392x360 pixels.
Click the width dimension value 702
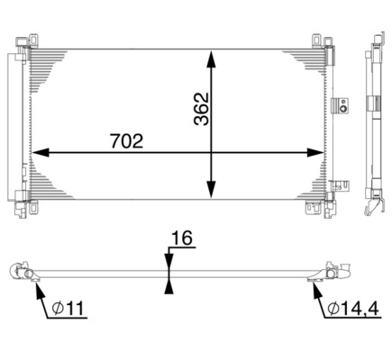pos(126,140)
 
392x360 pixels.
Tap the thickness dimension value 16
pos(181,239)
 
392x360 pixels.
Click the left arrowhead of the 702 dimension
pos(41,153)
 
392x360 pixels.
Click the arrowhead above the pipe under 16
pos(169,260)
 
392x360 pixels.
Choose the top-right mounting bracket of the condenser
pos(318,40)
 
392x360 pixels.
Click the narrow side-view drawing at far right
pos(373,126)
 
